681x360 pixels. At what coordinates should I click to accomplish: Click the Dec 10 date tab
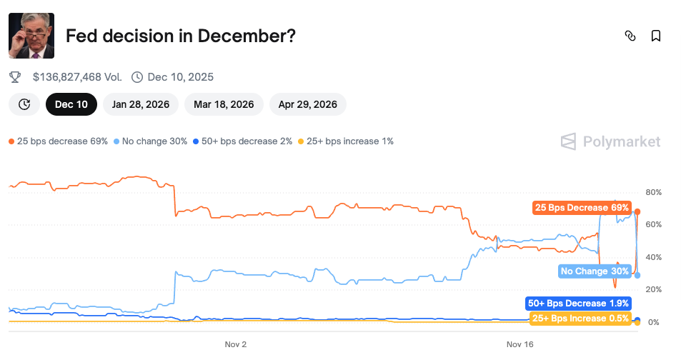pos(71,104)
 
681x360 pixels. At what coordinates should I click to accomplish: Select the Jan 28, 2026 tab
pos(140,104)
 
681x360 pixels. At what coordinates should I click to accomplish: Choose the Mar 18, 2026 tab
pos(223,104)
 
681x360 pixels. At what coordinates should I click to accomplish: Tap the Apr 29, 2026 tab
pos(307,104)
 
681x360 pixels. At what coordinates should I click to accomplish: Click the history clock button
pos(24,104)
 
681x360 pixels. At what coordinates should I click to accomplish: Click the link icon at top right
pos(630,36)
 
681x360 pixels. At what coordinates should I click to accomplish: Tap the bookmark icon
pos(655,36)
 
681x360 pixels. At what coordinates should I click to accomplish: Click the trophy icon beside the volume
pos(15,76)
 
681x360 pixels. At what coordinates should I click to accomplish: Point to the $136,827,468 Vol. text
pos(77,76)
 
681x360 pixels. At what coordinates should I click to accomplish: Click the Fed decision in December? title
pos(181,36)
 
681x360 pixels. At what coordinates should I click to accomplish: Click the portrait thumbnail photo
pos(31,35)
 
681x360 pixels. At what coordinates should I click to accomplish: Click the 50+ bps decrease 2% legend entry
pos(242,141)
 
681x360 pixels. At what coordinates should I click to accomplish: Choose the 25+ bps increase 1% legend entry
pos(346,141)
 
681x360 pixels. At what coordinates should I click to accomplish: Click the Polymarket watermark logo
pos(610,141)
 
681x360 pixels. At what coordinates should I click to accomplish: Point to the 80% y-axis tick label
pos(653,192)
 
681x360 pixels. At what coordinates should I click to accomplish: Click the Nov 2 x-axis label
pos(235,344)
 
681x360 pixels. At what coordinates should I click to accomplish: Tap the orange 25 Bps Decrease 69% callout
pos(582,208)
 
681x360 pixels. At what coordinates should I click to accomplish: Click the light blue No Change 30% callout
pos(595,271)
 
